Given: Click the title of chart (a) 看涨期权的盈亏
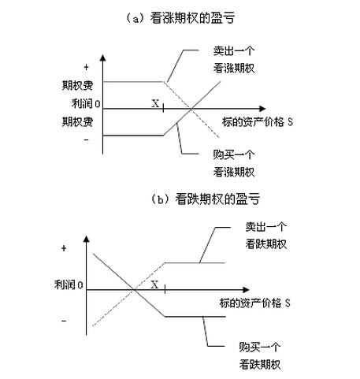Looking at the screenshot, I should point(180,16).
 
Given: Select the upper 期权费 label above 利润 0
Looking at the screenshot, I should point(77,84).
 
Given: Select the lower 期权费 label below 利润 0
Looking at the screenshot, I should point(77,122).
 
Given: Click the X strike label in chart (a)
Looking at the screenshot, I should point(154,102).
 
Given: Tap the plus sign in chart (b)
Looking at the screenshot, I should point(63,247).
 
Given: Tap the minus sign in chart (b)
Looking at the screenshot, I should point(63,320).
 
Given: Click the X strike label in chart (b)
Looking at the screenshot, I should point(154,284).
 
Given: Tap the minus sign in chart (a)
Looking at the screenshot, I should point(85,140).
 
